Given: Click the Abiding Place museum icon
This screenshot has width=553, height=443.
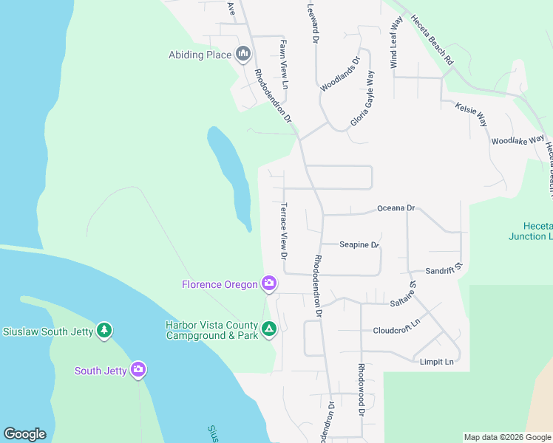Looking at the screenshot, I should click(x=243, y=54).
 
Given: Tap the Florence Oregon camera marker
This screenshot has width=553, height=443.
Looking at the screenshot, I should click(x=268, y=284).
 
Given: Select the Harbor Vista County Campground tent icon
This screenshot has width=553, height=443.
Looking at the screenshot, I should click(x=269, y=329).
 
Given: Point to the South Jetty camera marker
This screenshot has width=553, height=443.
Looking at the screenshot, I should click(x=138, y=370).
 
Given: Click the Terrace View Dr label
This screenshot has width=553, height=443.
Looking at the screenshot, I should click(x=283, y=230).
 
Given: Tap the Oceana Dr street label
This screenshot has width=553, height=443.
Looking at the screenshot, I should click(x=397, y=208).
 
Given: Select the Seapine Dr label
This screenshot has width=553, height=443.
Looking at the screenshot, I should click(x=359, y=244).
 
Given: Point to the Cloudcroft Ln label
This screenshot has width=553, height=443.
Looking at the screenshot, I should click(x=396, y=330).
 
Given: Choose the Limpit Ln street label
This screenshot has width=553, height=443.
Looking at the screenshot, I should click(x=436, y=362).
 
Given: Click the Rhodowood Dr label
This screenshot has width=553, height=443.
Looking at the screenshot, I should click(x=362, y=388).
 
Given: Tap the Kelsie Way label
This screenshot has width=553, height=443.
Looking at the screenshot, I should click(x=471, y=114).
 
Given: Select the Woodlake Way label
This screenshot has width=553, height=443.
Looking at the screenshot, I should click(x=518, y=140).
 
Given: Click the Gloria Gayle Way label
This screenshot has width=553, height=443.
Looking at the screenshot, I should click(x=361, y=97).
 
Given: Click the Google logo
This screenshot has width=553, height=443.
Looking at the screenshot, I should click(x=24, y=434).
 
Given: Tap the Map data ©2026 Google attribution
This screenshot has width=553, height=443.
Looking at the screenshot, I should click(x=507, y=437).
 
